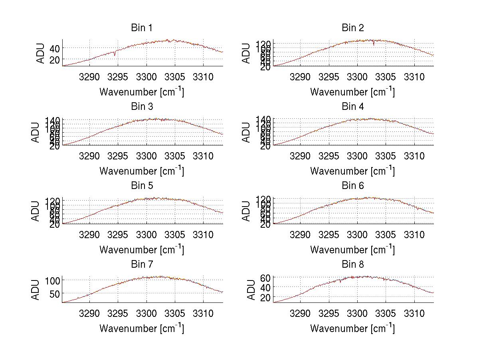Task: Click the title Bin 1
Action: (142, 28)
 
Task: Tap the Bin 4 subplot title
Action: (353, 107)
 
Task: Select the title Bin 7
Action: (142, 265)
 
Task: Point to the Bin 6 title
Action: (353, 186)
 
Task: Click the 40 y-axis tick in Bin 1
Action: (54, 48)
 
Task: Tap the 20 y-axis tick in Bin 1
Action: (54, 60)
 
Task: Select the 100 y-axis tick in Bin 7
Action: (52, 280)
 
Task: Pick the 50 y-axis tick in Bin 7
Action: (54, 294)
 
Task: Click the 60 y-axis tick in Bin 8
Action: (265, 278)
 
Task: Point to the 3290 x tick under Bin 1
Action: (89, 76)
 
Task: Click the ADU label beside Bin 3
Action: (36, 132)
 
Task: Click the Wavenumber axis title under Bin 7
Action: (142, 328)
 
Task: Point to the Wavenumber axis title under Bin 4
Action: (352, 171)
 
